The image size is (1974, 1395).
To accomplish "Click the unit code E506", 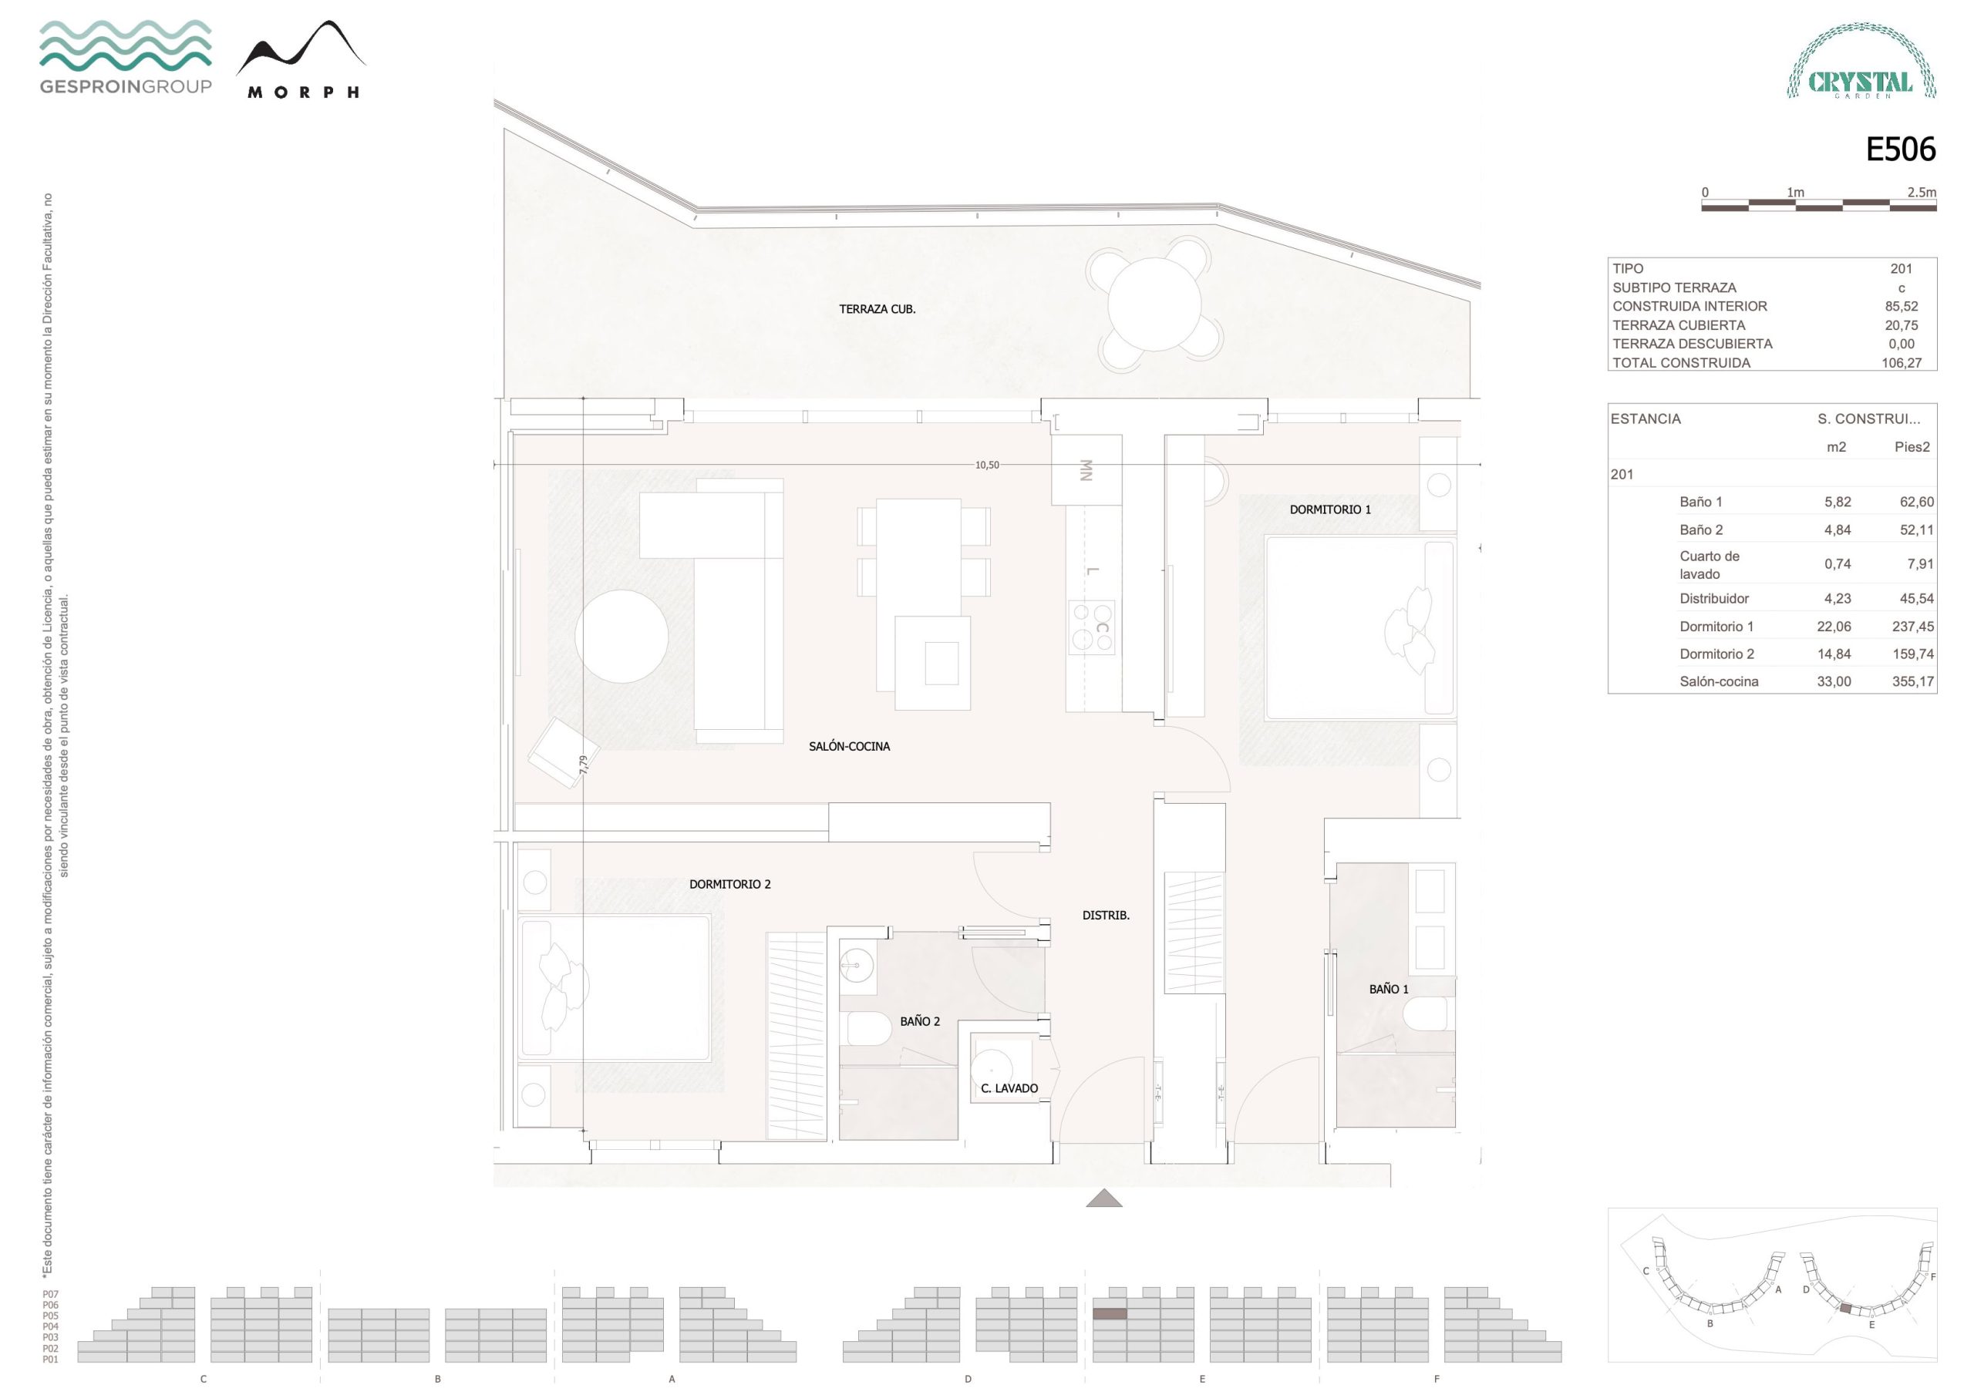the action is click(x=1900, y=150).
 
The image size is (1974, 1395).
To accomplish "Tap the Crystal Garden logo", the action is click(x=1861, y=61).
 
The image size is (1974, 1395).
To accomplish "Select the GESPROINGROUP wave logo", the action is click(x=126, y=57).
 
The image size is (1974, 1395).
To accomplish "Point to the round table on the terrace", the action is click(x=1154, y=304).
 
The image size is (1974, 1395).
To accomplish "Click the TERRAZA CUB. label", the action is click(x=877, y=309).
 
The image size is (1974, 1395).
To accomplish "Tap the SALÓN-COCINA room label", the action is click(x=848, y=746).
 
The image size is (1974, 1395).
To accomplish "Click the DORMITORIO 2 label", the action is click(x=730, y=883).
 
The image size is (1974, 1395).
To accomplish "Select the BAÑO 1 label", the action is click(x=1389, y=989).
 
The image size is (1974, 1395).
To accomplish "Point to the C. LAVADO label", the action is click(x=1009, y=1088).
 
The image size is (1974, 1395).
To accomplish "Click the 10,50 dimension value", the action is click(x=987, y=465).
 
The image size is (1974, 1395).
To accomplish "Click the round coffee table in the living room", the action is click(x=622, y=636).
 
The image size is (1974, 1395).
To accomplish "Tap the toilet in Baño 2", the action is click(x=869, y=1028).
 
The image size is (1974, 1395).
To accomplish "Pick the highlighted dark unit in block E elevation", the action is click(x=1109, y=1314).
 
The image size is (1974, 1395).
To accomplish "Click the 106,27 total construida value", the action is click(x=1901, y=363).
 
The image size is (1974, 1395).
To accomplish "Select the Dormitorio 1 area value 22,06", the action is click(x=1834, y=627).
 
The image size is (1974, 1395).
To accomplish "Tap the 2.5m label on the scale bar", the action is click(x=1922, y=193).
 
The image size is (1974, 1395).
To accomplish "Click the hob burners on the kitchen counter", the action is click(x=1092, y=627).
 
